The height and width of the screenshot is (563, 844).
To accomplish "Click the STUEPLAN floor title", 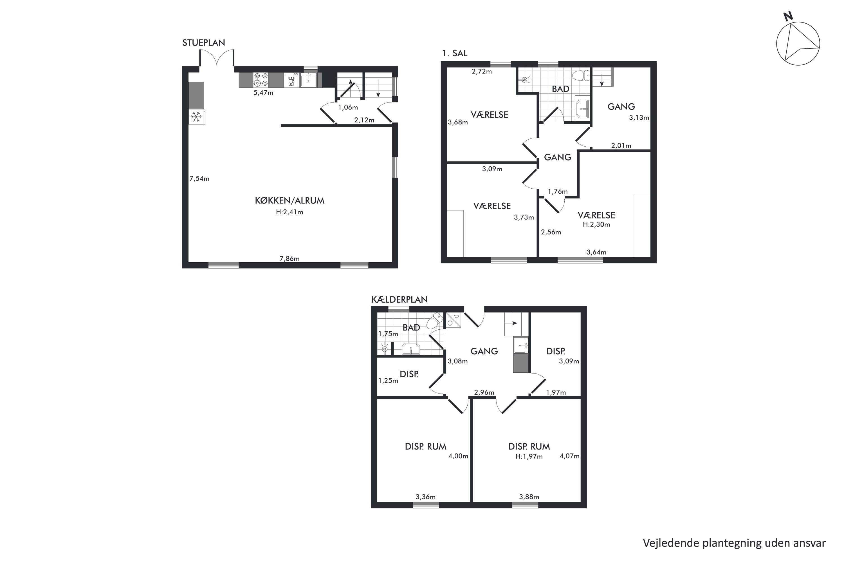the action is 203,43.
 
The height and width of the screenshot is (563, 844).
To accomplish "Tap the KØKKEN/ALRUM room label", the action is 289,201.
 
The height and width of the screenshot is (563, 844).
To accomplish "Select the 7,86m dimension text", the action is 289,258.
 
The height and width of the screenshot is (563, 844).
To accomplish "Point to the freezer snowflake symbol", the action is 196,117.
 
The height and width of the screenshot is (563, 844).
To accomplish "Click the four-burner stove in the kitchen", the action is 261,80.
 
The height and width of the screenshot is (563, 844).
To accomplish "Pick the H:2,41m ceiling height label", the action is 289,212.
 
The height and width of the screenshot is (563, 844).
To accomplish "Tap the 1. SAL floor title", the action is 455,53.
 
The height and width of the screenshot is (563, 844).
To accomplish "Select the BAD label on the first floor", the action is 560,89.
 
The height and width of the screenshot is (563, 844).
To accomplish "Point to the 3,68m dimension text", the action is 458,122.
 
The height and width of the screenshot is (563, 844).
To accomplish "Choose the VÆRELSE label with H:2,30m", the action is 596,215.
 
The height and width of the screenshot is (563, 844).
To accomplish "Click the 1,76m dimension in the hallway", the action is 558,192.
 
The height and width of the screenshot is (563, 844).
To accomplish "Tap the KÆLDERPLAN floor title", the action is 399,300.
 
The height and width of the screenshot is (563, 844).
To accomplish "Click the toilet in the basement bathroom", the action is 435,321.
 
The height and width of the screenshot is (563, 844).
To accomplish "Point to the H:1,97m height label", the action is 529,457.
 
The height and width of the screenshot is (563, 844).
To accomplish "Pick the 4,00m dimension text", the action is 458,456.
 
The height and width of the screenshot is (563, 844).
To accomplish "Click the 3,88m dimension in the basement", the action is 529,497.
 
